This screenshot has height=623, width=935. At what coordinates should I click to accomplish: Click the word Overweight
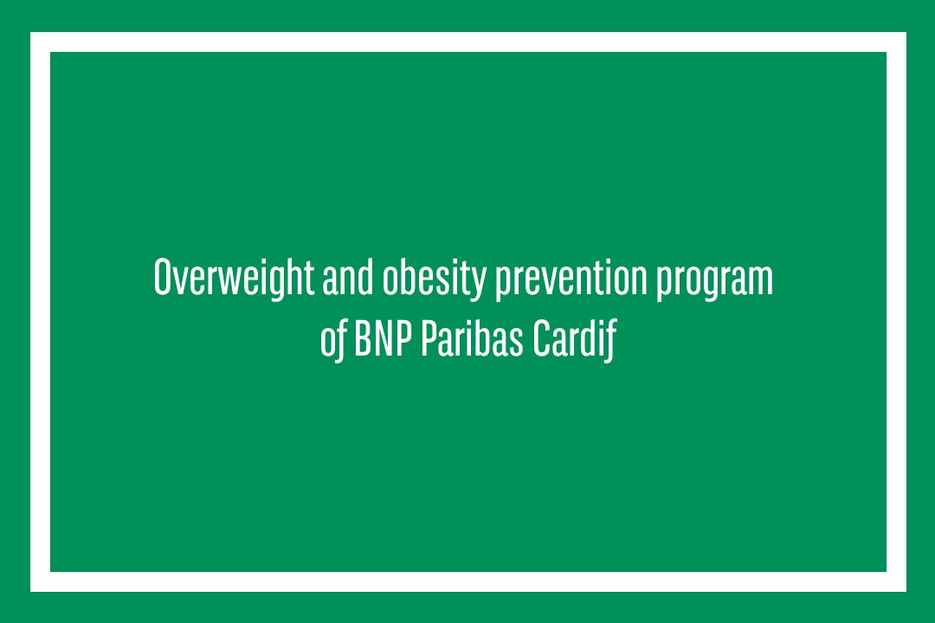[x=234, y=278]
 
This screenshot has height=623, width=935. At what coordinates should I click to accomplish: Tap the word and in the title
[x=348, y=277]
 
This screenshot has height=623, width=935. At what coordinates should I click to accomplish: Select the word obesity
[x=434, y=279]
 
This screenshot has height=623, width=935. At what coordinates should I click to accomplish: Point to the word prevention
[x=571, y=278]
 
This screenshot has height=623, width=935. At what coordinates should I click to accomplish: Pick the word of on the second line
[x=332, y=340]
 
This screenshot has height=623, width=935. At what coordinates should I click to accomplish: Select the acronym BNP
[x=383, y=338]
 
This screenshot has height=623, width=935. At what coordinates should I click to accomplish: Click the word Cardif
[x=574, y=340]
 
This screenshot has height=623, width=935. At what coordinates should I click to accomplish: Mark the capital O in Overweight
[x=164, y=277]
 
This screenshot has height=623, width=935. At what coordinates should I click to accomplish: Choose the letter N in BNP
[x=383, y=338]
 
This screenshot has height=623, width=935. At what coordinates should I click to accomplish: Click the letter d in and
[x=364, y=277]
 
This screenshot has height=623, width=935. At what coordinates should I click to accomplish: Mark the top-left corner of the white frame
[x=30, y=32]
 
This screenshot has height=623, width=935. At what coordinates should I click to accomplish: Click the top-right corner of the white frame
[x=906, y=32]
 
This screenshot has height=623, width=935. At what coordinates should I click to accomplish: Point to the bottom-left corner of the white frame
[x=30, y=591]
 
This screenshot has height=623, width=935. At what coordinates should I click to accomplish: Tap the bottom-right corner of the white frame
[x=906, y=591]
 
